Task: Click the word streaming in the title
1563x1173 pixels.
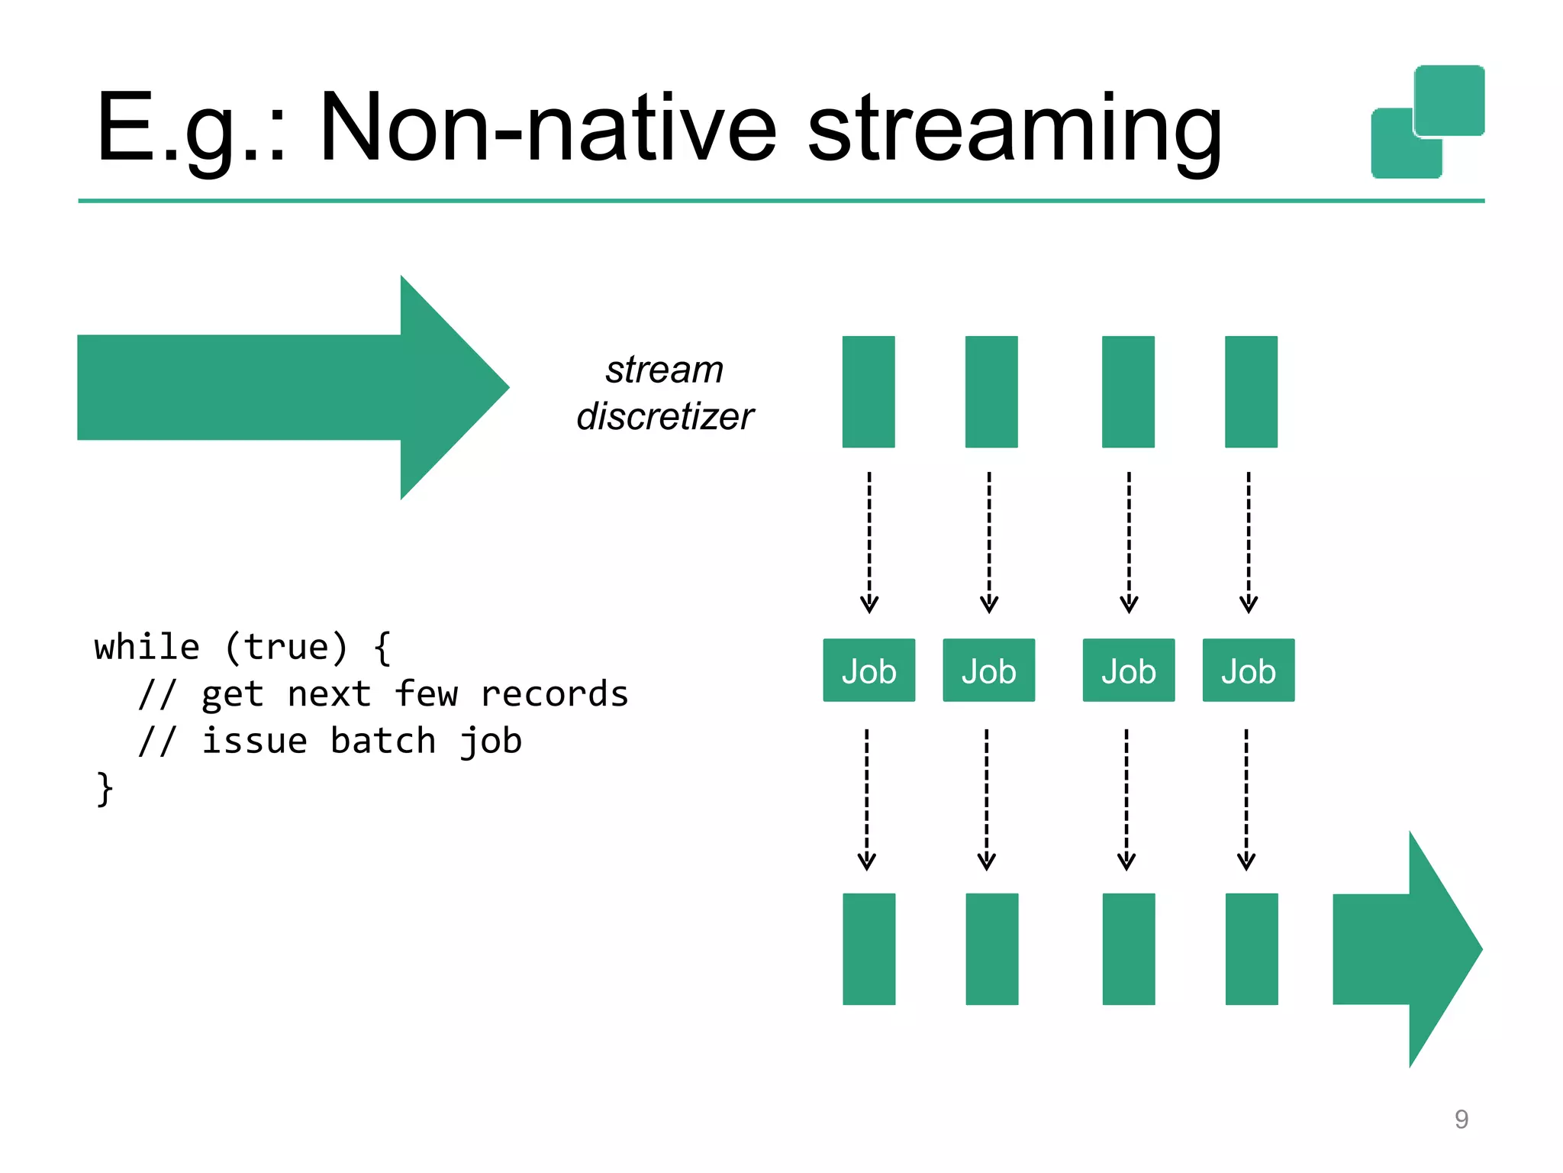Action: [x=1015, y=130]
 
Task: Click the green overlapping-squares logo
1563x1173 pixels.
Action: [x=1428, y=122]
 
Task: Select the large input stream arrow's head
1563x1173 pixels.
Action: [x=450, y=387]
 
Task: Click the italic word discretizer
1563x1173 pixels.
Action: [x=665, y=417]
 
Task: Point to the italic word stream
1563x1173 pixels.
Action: [x=665, y=370]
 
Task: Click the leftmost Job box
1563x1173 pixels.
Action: [x=869, y=671]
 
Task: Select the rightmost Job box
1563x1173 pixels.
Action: [x=1248, y=671]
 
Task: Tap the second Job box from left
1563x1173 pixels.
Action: [x=988, y=671]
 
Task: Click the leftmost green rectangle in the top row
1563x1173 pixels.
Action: [x=869, y=392]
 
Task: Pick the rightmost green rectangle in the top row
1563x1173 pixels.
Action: [x=1251, y=392]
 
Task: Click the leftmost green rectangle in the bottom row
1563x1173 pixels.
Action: [x=869, y=948]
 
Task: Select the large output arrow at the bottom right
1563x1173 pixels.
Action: [x=1404, y=949]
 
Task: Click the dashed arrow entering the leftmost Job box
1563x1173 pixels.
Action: [x=869, y=542]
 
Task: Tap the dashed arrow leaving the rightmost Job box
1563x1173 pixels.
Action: [x=1246, y=799]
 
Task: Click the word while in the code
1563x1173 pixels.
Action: [x=147, y=648]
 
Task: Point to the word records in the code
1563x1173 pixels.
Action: [x=554, y=694]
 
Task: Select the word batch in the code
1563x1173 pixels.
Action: [x=383, y=742]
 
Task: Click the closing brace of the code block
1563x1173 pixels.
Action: [x=104, y=788]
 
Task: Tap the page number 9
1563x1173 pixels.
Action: [x=1461, y=1119]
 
